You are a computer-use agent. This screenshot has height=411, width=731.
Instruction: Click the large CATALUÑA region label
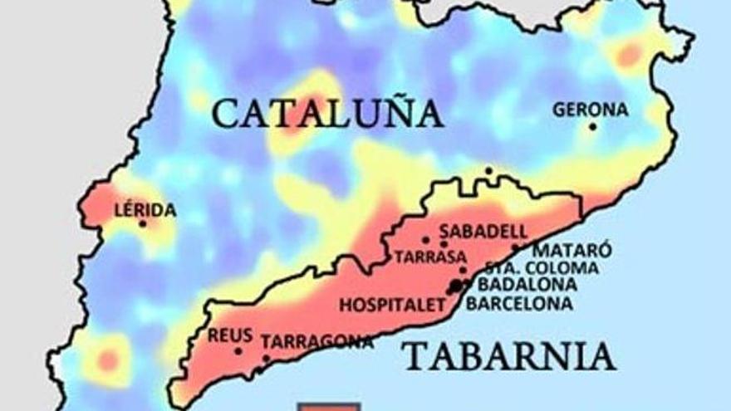(327, 113)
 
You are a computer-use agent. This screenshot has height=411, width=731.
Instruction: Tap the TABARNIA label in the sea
(508, 356)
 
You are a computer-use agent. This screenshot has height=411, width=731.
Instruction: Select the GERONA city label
(591, 110)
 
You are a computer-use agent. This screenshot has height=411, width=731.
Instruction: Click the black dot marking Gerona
(592, 126)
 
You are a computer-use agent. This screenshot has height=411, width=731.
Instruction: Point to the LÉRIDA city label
(145, 210)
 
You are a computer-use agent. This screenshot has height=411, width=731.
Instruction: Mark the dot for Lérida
(143, 223)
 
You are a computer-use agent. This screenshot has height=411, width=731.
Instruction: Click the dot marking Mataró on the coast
(515, 247)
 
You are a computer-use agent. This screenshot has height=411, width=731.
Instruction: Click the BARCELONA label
(519, 304)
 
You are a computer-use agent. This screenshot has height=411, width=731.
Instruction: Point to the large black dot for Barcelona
(455, 286)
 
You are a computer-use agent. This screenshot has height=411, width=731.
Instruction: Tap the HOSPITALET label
(393, 305)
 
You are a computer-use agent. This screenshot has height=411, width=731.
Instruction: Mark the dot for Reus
(238, 350)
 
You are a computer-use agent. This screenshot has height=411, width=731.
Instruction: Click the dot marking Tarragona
(266, 359)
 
